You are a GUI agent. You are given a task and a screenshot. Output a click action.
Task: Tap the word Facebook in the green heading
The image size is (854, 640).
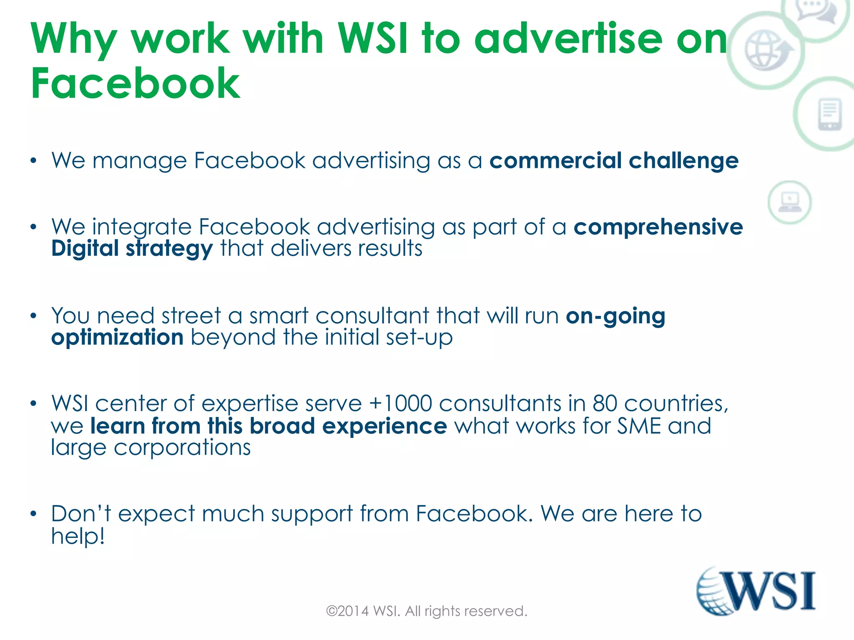136,83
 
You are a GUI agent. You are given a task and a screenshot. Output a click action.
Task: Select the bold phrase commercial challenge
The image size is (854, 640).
614,161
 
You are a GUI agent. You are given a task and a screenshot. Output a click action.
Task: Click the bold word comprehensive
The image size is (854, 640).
658,227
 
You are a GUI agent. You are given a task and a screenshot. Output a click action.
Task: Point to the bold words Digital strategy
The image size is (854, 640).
132,249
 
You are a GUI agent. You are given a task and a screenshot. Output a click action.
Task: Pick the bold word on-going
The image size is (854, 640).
615,316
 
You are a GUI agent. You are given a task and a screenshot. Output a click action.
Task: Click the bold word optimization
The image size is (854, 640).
117,337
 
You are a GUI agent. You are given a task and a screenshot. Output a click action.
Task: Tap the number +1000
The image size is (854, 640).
400,403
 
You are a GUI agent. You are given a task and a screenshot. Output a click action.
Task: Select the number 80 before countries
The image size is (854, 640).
605,403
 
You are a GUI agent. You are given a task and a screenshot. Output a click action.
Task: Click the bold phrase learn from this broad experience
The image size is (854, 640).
269,426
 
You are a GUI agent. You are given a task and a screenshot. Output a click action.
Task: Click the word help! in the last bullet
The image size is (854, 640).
78,536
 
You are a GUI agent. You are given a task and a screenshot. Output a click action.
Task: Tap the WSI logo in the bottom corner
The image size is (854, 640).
756,591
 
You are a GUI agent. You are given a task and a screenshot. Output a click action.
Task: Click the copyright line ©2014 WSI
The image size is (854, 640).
427,611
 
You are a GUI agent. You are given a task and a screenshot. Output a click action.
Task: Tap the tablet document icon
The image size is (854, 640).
830,114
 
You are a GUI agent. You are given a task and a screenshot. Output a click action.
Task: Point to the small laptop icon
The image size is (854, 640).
790,202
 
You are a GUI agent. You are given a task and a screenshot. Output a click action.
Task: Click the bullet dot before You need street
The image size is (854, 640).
34,316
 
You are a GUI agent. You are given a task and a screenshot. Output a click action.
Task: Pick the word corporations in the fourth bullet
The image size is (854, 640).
182,448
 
